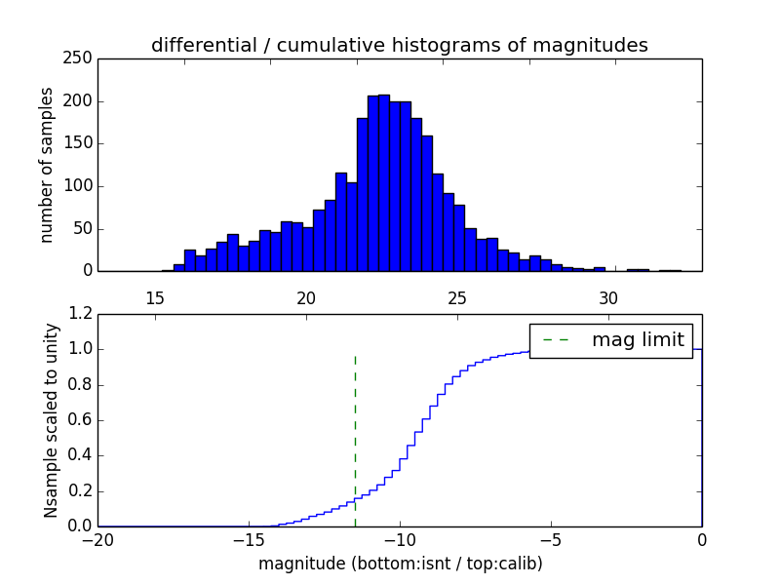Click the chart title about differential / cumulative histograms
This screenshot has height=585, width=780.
[x=399, y=46]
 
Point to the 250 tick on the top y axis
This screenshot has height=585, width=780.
[x=82, y=58]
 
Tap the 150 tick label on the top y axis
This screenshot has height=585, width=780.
[x=82, y=143]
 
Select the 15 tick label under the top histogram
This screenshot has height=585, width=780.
[x=154, y=297]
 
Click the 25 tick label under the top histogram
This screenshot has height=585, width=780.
[x=457, y=297]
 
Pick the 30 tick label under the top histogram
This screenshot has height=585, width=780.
[x=608, y=297]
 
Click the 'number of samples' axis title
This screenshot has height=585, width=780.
[x=48, y=164]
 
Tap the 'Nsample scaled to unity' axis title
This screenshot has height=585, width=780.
[x=52, y=420]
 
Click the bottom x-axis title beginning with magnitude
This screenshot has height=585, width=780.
[x=400, y=564]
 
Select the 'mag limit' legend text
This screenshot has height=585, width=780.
[x=638, y=340]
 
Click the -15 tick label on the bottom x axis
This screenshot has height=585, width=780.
[x=249, y=539]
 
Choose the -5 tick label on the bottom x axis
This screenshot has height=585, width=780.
[x=551, y=539]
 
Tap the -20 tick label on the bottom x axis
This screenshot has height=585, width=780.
[x=97, y=539]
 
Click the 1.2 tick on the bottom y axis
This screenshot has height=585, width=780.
[x=82, y=314]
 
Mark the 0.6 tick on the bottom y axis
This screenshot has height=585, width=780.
[x=82, y=420]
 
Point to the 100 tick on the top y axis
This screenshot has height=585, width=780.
[x=82, y=186]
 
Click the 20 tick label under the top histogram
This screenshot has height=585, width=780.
[x=306, y=297]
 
